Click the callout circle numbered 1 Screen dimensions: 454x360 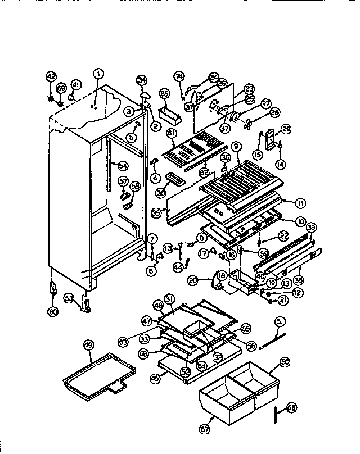coord(98,72)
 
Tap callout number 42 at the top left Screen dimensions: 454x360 coord(51,76)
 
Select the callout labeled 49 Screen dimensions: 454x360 coord(88,346)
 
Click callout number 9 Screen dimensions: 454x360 coord(236,147)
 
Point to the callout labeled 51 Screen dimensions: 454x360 coord(280,321)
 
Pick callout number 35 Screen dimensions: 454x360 coord(156,214)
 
